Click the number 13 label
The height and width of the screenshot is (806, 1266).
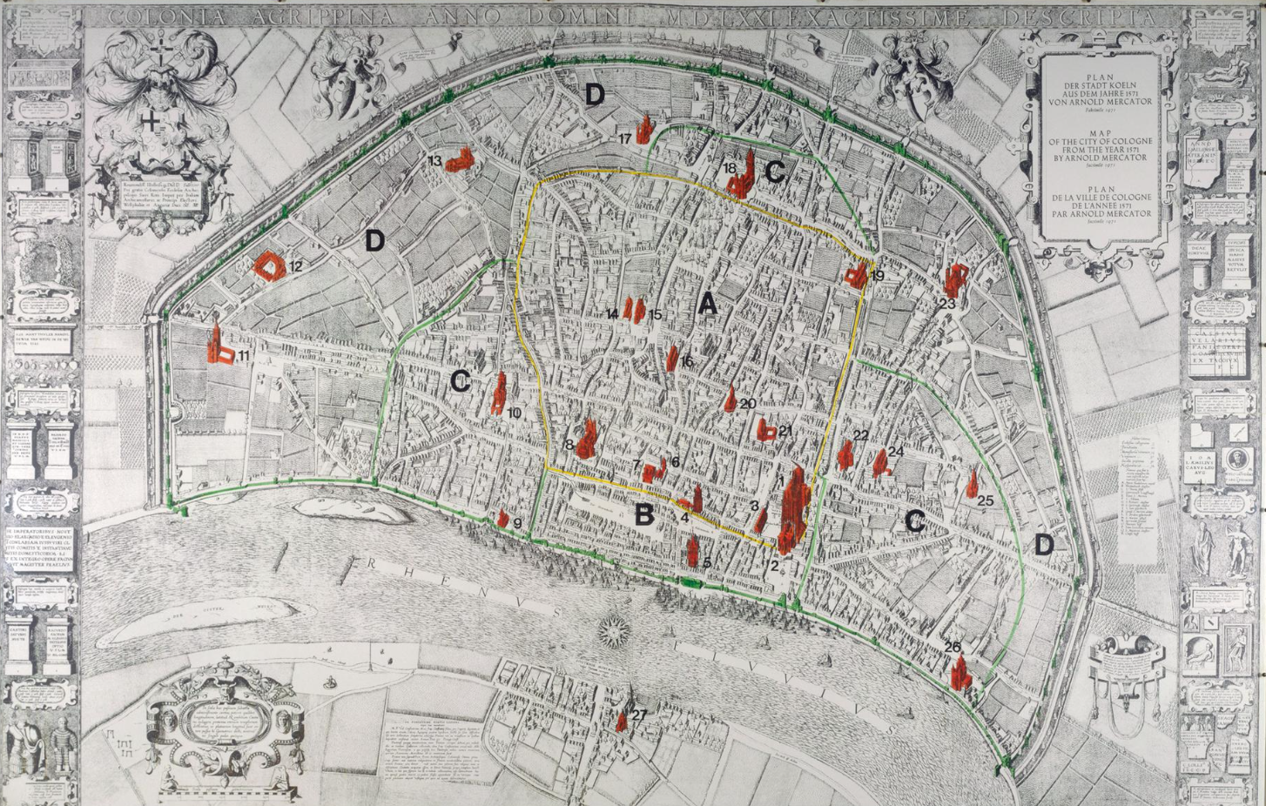point(434,161)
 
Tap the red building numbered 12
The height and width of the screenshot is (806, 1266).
point(269,265)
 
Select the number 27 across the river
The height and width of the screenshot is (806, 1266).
point(640,715)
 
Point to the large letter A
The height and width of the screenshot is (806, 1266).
point(707,304)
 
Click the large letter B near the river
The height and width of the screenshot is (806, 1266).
point(643,514)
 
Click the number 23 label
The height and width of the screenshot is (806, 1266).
point(947,304)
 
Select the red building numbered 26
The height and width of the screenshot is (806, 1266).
point(960,671)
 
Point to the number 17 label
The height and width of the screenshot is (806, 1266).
point(624,138)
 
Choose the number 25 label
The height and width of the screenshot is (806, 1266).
point(986,500)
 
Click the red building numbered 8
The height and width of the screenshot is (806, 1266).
point(588,440)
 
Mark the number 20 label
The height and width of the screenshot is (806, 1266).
point(748,403)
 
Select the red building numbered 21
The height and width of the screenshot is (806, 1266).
point(766,431)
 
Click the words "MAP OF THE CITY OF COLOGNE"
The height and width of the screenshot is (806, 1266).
point(1100,145)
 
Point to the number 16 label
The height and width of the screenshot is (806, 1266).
point(686,361)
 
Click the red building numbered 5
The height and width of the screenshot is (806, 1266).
point(693,550)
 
